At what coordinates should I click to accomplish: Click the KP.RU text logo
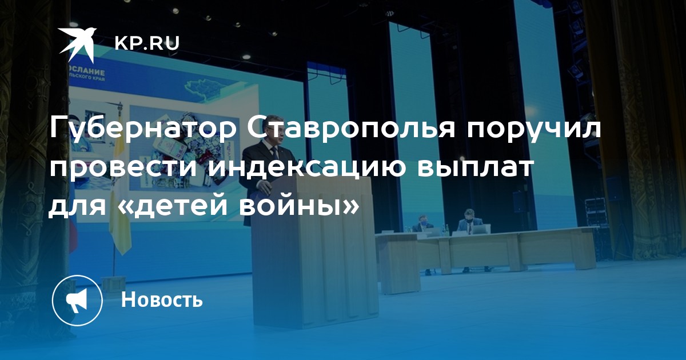pyautogui.click(x=147, y=43)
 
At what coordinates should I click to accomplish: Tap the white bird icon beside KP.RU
pyautogui.click(x=77, y=45)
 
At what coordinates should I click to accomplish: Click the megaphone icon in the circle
pyautogui.click(x=77, y=301)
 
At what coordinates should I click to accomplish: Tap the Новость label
pyautogui.click(x=162, y=299)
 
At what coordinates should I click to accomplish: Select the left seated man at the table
pyautogui.click(x=423, y=223)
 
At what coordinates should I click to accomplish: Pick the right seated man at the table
pyautogui.click(x=469, y=220)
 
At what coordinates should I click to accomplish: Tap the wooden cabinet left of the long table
pyautogui.click(x=397, y=264)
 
